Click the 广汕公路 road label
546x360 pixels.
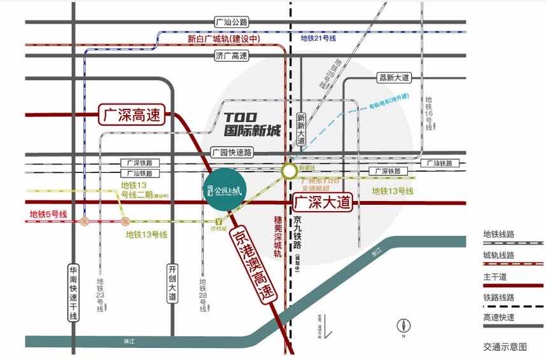(x=231, y=22)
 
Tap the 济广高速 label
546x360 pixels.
(x=231, y=56)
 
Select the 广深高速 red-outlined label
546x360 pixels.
(x=132, y=116)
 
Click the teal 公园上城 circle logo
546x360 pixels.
(x=223, y=189)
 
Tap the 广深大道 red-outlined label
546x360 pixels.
(x=323, y=203)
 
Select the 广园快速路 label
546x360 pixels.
(x=232, y=152)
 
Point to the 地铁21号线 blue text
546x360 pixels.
(x=318, y=38)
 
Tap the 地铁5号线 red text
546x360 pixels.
(x=48, y=214)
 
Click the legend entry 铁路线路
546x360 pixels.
(x=500, y=297)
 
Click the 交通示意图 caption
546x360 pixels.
(x=505, y=347)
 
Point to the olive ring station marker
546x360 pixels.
(x=290, y=170)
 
